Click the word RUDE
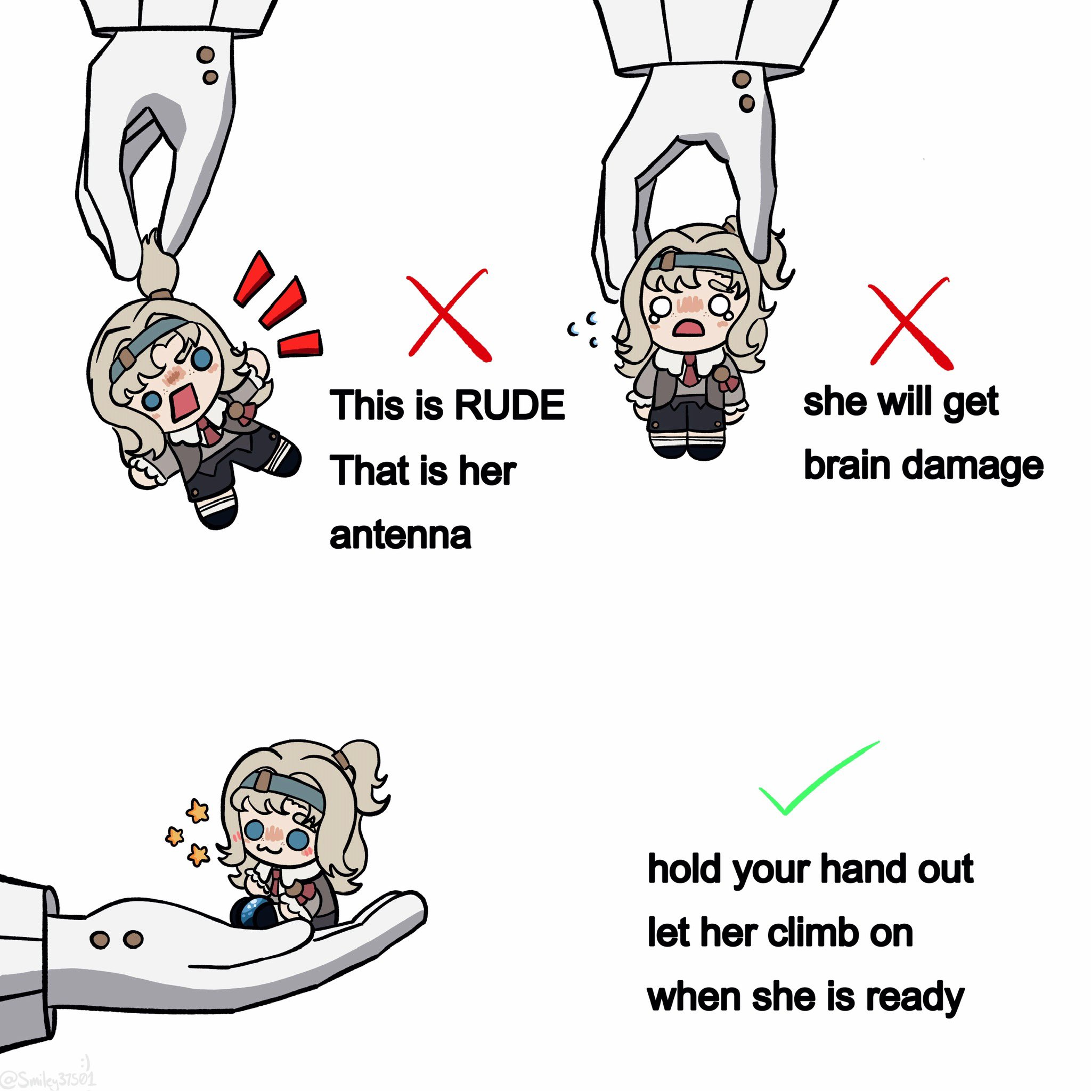coord(509,405)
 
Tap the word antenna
coord(400,535)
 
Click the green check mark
coord(819,778)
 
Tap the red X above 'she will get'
coord(910,323)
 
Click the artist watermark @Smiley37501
coord(48,1077)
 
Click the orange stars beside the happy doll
coord(189,833)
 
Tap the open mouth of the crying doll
coord(687,328)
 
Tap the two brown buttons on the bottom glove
coord(117,939)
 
